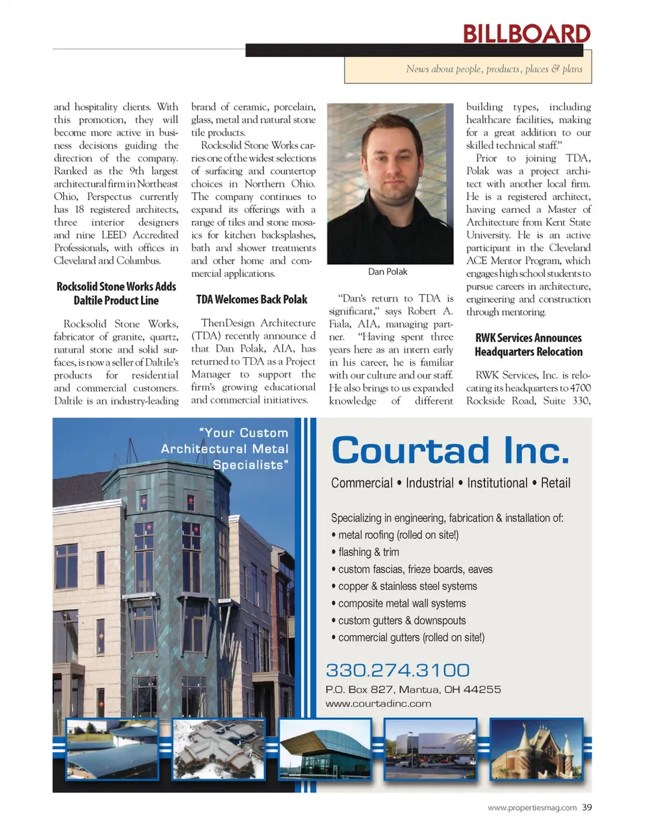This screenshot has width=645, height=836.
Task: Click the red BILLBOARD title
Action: point(526,34)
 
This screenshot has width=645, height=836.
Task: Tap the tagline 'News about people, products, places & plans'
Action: point(494,69)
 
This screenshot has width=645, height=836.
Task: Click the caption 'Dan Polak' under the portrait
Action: point(388,272)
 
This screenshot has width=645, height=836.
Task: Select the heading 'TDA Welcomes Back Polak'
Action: point(252,299)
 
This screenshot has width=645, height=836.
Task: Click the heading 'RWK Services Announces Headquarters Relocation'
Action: point(529,344)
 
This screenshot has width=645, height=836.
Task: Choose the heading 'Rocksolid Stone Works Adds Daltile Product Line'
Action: point(116,293)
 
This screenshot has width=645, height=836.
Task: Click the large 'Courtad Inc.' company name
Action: point(450,451)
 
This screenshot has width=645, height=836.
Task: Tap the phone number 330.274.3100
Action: point(398,670)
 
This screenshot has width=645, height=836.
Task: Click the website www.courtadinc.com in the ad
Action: point(378,704)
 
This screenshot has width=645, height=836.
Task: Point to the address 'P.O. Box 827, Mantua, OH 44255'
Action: point(413,690)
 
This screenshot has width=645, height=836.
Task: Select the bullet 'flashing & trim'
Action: point(368,552)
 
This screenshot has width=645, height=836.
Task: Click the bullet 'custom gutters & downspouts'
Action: point(402,620)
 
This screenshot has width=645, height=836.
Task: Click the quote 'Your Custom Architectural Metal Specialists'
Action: point(226,449)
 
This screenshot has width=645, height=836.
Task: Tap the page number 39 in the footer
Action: point(587,807)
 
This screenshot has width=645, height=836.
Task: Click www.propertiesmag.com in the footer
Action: point(532,808)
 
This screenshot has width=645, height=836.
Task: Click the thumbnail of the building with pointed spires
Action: point(536,748)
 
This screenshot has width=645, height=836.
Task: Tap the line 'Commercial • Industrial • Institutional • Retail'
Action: point(450,483)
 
